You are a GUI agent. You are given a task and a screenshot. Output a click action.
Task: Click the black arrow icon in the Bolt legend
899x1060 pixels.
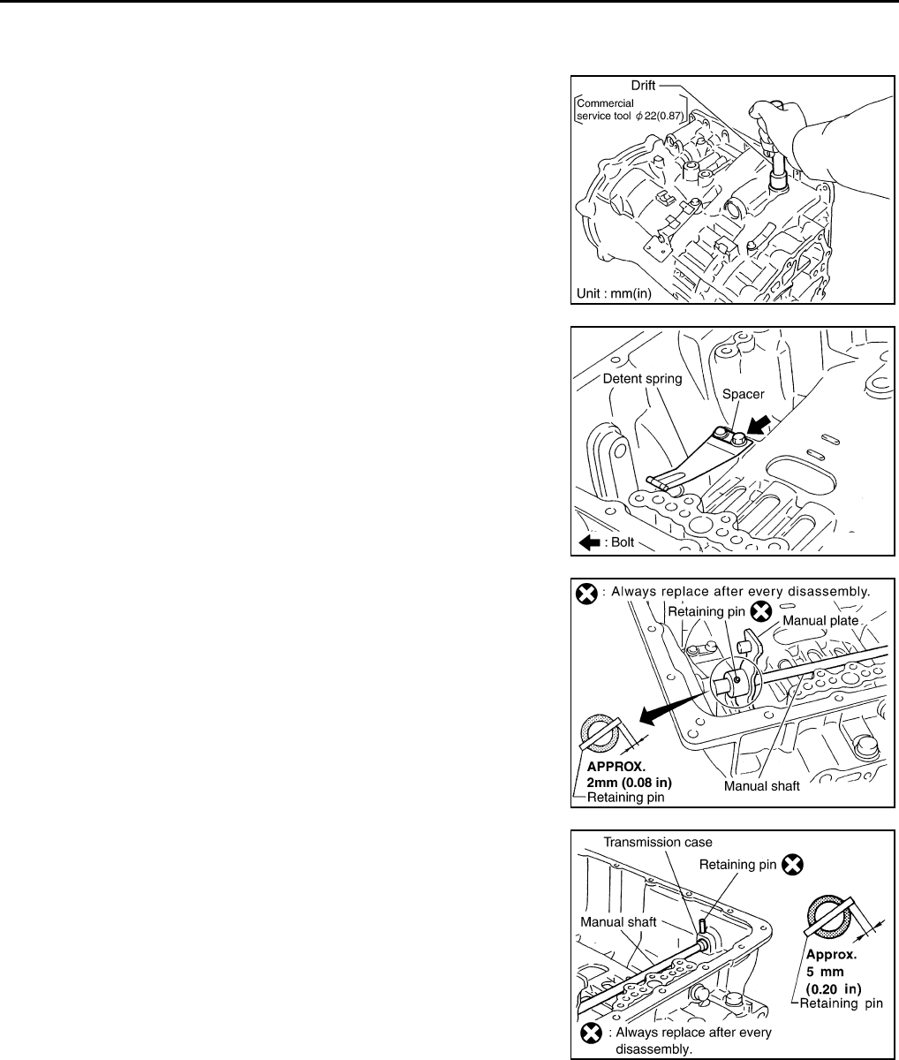(x=589, y=542)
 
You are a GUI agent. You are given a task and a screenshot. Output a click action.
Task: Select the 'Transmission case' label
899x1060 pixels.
(x=656, y=842)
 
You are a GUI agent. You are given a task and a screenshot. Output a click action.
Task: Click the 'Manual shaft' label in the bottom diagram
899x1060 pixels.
(x=619, y=921)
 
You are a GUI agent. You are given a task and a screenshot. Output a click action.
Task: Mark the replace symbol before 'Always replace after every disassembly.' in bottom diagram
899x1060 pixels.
(x=590, y=1033)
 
